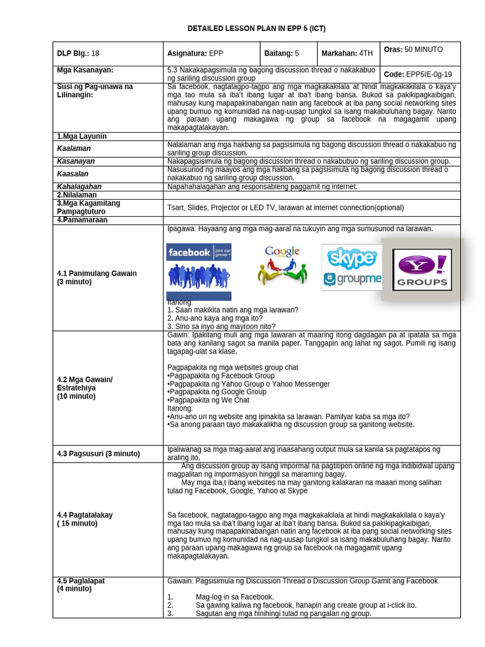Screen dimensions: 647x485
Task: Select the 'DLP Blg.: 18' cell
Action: pyautogui.click(x=78, y=54)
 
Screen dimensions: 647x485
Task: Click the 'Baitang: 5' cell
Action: pyautogui.click(x=282, y=54)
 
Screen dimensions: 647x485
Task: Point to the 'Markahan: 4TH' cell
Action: pyautogui.click(x=348, y=54)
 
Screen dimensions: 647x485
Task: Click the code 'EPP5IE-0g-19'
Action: pyautogui.click(x=429, y=74)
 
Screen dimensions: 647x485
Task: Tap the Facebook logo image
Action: pyautogui.click(x=198, y=252)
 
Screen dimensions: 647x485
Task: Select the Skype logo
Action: pyautogui.click(x=352, y=257)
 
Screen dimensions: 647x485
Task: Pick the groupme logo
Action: pyautogui.click(x=352, y=279)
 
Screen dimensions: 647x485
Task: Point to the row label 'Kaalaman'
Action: pyautogui.click(x=74, y=148)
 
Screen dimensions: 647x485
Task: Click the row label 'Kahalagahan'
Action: pyautogui.click(x=79, y=187)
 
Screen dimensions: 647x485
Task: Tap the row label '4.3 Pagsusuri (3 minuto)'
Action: pyautogui.click(x=99, y=454)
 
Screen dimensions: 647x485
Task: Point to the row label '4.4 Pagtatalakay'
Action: pyautogui.click(x=85, y=515)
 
